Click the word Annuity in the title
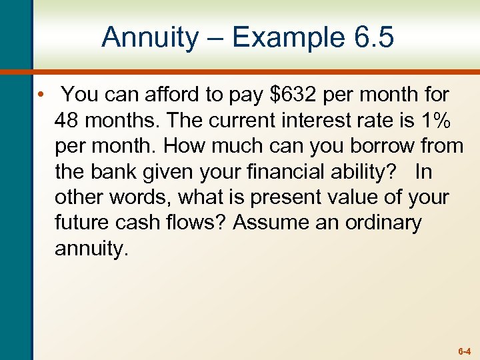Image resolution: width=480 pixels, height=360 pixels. click(149, 37)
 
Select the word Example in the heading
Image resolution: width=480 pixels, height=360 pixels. click(279, 39)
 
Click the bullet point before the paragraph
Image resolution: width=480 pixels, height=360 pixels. click(41, 95)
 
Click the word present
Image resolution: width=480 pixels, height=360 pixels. click(278, 197)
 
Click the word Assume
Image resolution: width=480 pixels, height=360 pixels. click(270, 222)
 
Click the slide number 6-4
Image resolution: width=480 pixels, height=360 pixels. click(464, 350)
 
